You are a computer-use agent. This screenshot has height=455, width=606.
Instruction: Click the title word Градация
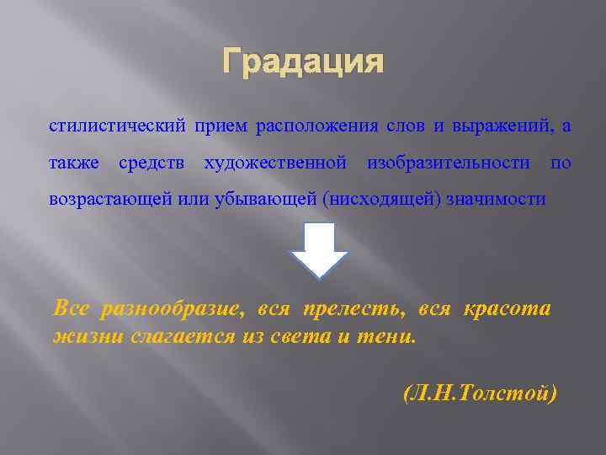tap(303, 63)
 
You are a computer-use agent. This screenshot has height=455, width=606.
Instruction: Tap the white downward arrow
tap(319, 249)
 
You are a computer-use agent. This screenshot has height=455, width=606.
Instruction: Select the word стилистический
tap(117, 126)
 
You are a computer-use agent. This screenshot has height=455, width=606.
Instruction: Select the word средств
tap(152, 162)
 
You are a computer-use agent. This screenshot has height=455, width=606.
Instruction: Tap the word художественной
tap(275, 162)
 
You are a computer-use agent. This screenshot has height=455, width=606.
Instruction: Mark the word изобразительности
tap(449, 162)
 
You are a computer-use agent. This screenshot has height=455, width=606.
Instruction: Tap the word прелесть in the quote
tap(351, 309)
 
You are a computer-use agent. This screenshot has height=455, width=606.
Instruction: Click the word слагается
tap(184, 337)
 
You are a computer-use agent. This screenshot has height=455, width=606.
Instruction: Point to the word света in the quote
tap(311, 337)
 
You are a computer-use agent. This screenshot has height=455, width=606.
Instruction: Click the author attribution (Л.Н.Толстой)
tap(480, 393)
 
